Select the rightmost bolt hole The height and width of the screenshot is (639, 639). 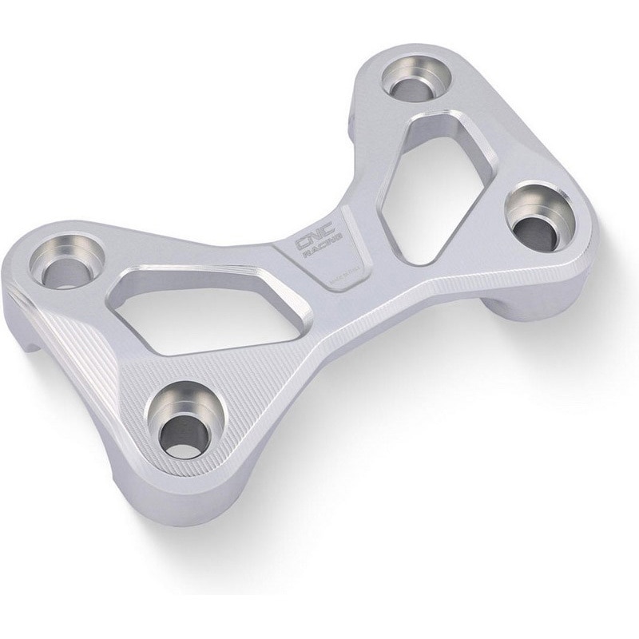click(x=533, y=222)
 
